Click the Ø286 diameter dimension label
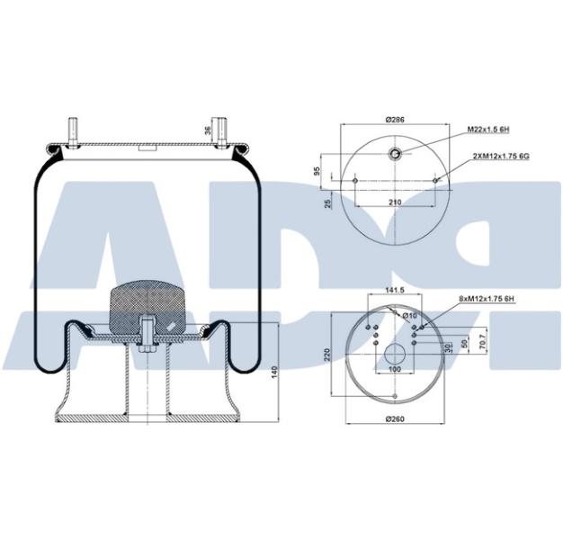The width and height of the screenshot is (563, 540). (393, 119)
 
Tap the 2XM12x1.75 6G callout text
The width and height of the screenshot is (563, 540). (501, 155)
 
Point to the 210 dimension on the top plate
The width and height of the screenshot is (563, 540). (394, 202)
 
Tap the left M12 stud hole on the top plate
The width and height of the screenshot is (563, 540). (356, 181)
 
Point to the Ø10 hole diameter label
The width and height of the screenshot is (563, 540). (409, 315)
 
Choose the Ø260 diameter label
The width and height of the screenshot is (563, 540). (395, 420)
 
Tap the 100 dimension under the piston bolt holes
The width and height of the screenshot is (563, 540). (395, 370)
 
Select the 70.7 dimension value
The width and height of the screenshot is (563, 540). (484, 345)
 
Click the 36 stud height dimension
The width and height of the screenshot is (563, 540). (209, 130)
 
